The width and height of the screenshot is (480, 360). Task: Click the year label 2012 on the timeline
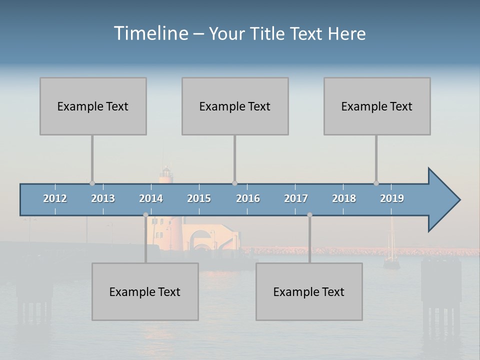(x=55, y=198)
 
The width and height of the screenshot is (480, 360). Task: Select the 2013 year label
(x=103, y=198)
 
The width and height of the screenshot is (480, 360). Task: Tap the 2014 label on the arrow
(x=151, y=198)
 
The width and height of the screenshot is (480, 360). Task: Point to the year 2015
(x=199, y=198)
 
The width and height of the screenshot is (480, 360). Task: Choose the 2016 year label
(x=248, y=198)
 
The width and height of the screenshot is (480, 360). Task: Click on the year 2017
(x=296, y=198)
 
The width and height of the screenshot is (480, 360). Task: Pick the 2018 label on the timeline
(x=344, y=198)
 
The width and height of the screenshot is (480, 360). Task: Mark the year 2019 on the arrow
(x=392, y=198)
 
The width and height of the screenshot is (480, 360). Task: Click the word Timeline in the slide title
(x=150, y=33)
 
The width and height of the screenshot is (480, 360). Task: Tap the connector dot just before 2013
(x=92, y=183)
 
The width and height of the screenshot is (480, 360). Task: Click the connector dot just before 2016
(x=234, y=183)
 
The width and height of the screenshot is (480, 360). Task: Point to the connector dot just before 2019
(x=376, y=183)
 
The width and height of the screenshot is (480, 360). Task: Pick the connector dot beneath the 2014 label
(x=145, y=215)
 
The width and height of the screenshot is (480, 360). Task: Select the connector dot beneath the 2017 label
(x=309, y=215)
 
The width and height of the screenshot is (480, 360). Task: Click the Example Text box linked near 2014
(x=145, y=291)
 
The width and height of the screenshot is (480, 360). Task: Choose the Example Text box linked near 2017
(x=309, y=291)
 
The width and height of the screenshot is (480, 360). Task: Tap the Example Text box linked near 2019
(x=377, y=106)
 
